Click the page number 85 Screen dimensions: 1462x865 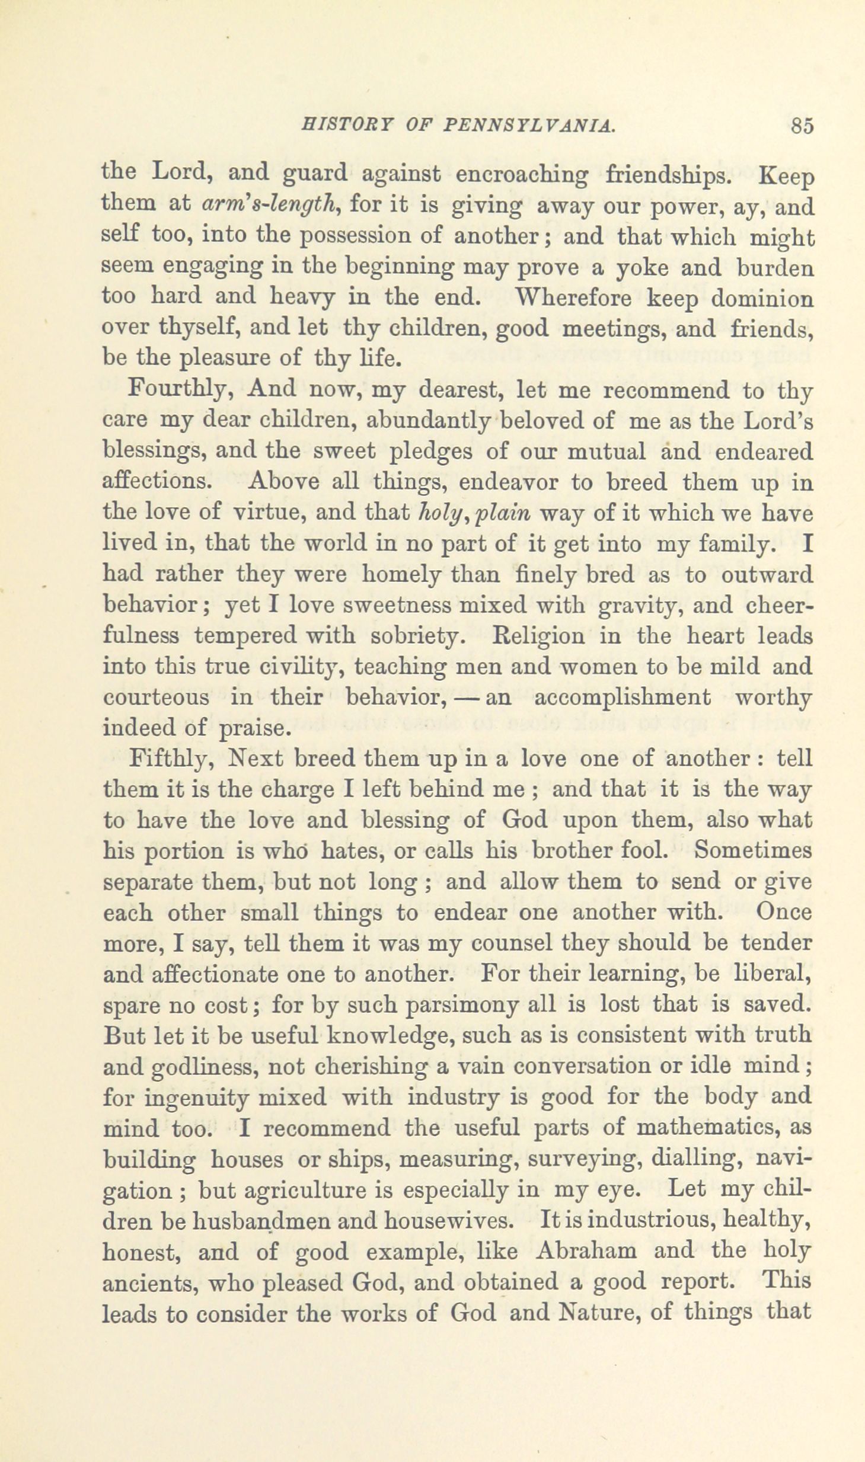pos(801,127)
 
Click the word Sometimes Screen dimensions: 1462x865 pos(753,851)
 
